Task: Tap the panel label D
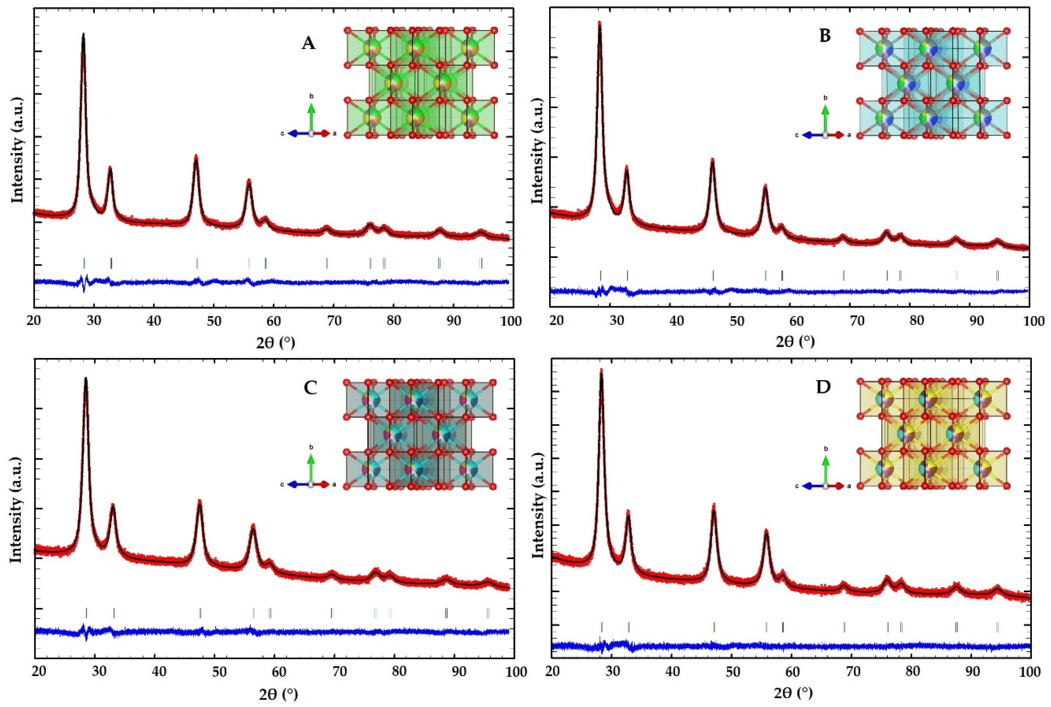click(824, 388)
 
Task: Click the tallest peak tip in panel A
click(83, 34)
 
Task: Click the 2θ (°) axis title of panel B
click(795, 342)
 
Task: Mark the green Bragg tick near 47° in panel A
click(197, 263)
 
